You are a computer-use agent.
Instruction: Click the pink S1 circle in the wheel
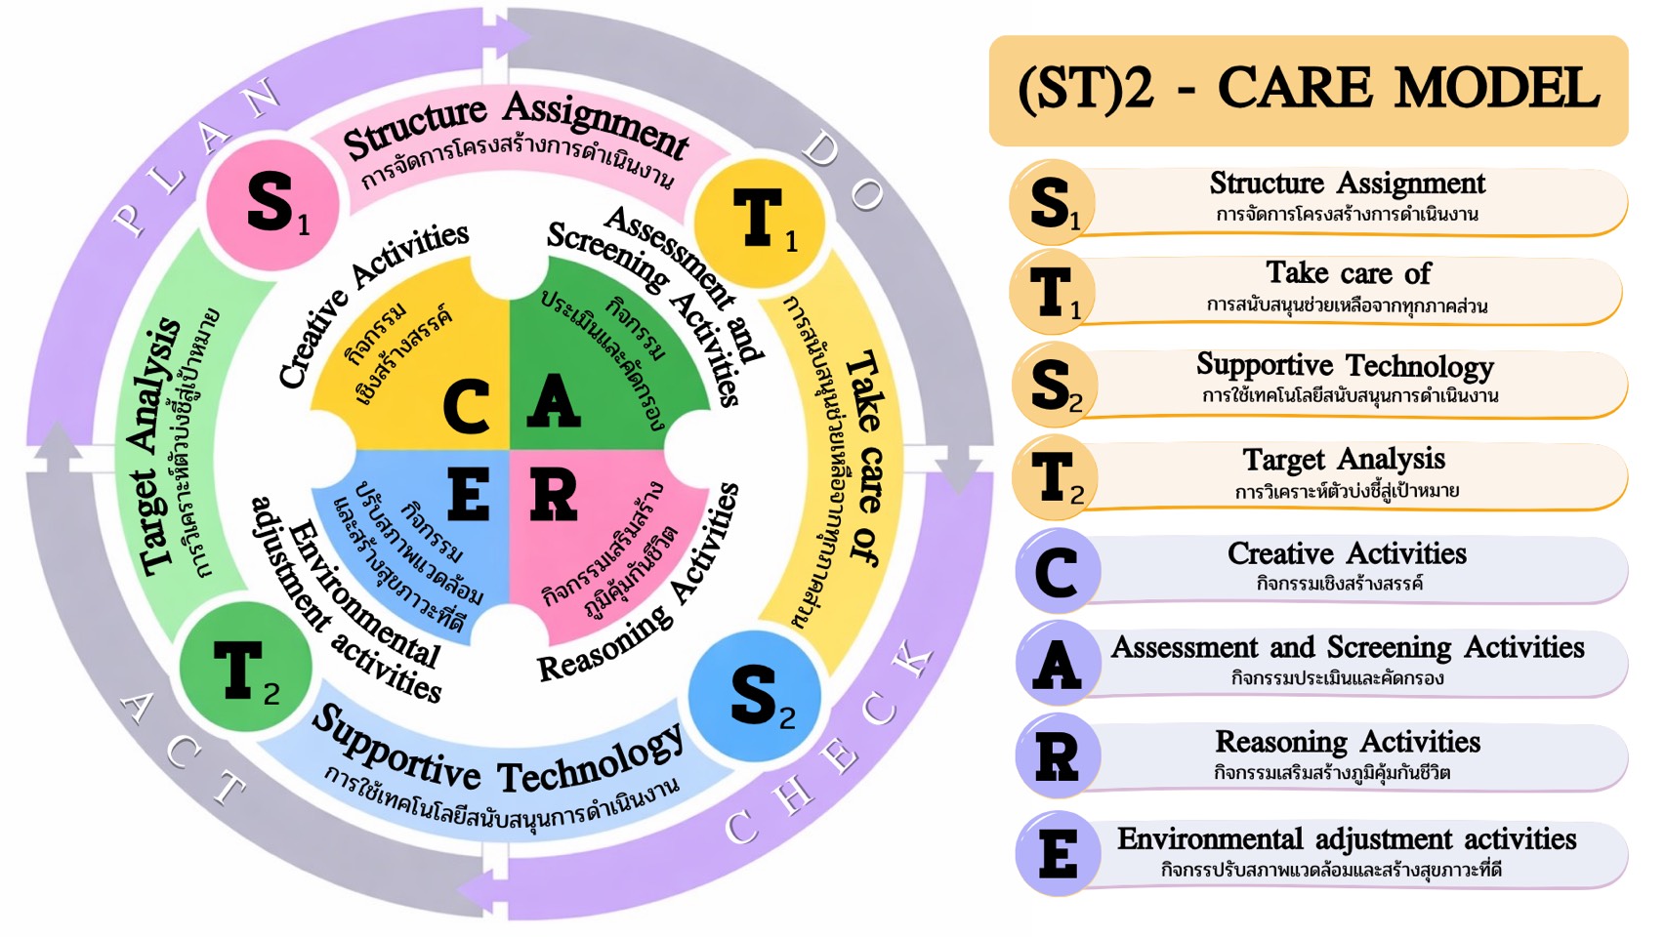point(272,205)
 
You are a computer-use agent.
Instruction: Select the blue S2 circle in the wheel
point(754,697)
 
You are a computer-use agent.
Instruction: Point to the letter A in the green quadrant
point(553,401)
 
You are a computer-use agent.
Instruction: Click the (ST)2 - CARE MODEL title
point(1308,90)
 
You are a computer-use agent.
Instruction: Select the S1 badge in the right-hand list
point(1052,203)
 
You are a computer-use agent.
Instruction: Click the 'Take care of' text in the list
point(1348,273)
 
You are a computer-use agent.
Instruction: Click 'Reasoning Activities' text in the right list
point(1347,742)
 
